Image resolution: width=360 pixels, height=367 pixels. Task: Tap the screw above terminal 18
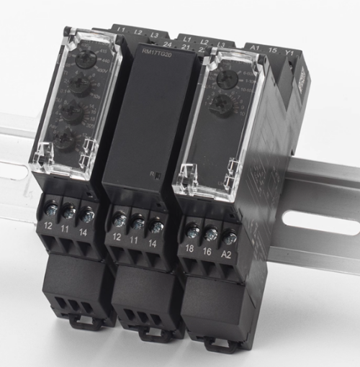(192, 232)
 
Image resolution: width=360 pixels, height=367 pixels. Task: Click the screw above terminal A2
(230, 236)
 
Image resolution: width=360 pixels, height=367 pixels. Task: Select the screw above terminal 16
(212, 234)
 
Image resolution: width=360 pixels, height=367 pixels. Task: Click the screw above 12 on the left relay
(52, 210)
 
